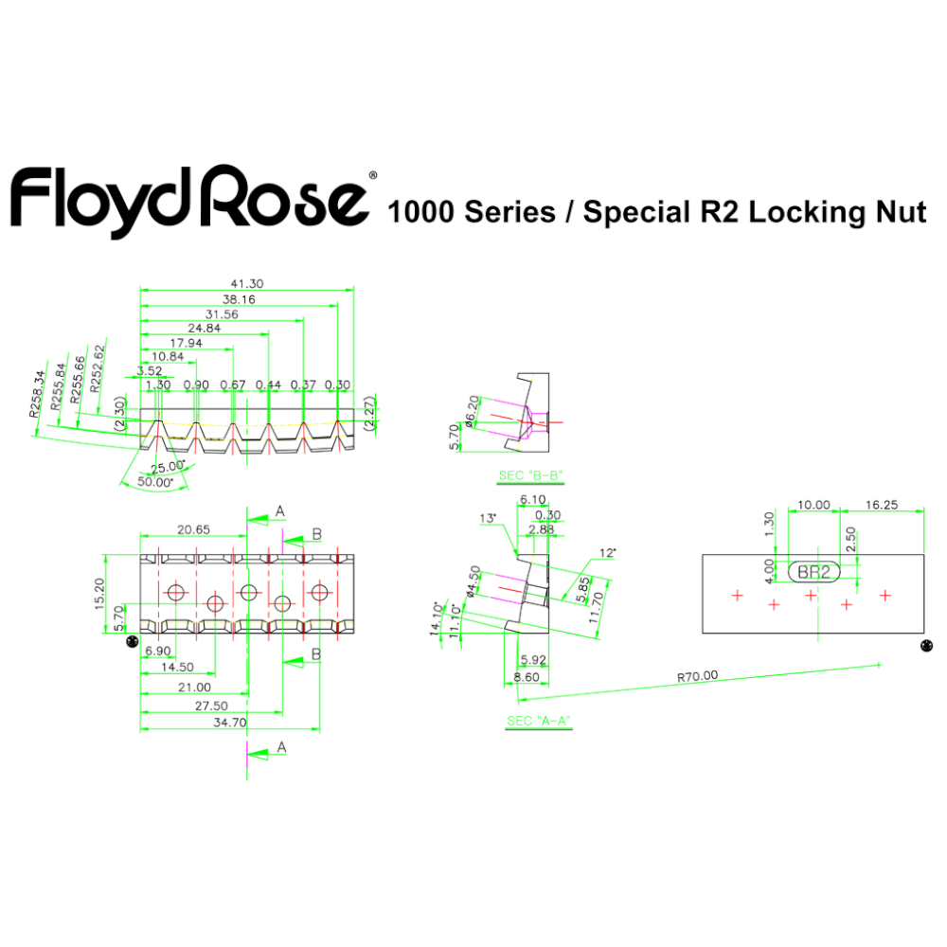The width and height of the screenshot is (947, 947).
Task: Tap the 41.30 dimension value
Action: (x=246, y=283)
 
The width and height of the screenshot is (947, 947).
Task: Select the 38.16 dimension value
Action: (x=238, y=298)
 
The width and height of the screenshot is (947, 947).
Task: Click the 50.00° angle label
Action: (x=155, y=482)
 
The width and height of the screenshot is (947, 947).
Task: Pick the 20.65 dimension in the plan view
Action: (x=194, y=529)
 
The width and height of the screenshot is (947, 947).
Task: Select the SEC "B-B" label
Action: (x=530, y=474)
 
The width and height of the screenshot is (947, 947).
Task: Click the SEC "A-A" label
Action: (x=538, y=721)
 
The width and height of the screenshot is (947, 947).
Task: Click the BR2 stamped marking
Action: (x=813, y=571)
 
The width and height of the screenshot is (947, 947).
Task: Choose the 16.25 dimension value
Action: (x=882, y=505)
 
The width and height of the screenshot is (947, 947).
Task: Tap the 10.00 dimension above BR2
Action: (x=813, y=505)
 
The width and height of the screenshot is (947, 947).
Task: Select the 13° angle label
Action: (x=489, y=519)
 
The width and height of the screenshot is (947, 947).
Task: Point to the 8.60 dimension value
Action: (x=527, y=678)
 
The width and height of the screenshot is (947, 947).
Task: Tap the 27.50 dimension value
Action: (x=210, y=705)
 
